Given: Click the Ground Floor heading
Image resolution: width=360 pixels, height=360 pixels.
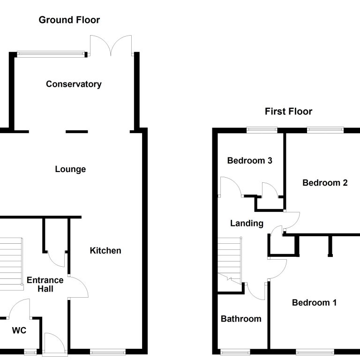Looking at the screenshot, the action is coord(69,20).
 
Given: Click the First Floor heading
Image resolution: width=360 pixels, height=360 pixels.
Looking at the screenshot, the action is coord(288,112).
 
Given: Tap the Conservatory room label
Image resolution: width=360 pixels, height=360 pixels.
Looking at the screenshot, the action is coord(74,84).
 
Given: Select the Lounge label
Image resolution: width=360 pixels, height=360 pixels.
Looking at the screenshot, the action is coord(70,169).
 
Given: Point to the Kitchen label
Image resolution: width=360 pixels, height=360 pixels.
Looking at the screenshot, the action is coord(105,250).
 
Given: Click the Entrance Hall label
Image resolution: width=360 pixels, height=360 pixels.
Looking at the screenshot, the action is coord(45,284).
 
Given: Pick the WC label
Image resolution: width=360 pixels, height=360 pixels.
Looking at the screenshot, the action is coord(19,330).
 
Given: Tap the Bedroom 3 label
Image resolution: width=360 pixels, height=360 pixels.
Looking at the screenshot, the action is coord(249,160).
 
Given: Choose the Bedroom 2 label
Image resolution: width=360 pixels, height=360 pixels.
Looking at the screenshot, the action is coord(325,183).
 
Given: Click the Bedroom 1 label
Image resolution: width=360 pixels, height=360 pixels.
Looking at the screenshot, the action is coord(315,303).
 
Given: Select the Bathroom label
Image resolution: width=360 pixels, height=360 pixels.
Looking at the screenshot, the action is coord(241,319).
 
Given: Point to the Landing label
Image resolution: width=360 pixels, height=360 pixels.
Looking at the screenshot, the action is coord(247,224).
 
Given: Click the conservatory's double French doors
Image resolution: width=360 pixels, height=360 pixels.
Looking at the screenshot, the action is coord(111,45).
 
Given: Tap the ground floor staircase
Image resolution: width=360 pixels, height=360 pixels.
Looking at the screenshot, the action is coord(11,264).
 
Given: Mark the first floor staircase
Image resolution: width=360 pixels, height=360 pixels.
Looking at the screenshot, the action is coord(230,261).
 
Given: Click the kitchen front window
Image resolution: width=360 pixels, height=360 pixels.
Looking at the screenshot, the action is coord(108,352).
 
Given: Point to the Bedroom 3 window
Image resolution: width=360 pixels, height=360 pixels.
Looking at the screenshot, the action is coord(262,130).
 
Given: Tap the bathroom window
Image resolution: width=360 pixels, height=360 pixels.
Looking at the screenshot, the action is coord(235,352).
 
